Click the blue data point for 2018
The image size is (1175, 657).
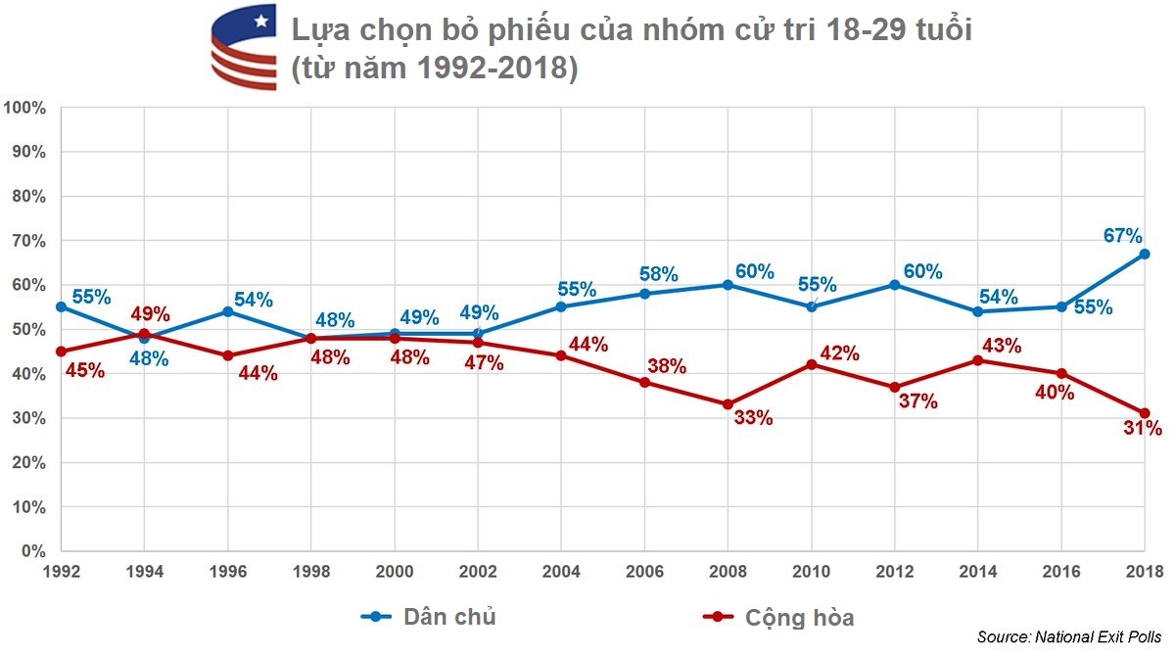[1144, 254]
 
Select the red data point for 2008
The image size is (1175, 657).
[728, 404]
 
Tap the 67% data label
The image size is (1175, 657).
[1122, 236]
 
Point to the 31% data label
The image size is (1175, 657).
[1142, 428]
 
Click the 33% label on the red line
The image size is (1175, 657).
[753, 418]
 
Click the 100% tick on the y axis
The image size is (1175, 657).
[24, 108]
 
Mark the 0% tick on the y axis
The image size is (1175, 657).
[33, 551]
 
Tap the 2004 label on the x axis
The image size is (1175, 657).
[561, 571]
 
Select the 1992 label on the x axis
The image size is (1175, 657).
[62, 571]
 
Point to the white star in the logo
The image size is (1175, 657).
[260, 20]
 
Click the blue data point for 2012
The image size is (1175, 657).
[894, 285]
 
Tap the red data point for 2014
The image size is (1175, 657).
[977, 360]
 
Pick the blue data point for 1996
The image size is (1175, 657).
[228, 311]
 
